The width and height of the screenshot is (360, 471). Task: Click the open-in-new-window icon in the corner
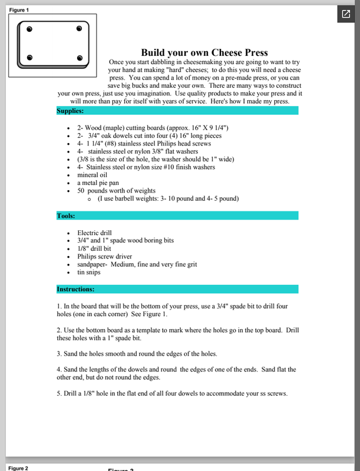pyautogui.click(x=345, y=14)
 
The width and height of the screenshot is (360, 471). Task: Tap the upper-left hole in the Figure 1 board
pyautogui.click(x=29, y=28)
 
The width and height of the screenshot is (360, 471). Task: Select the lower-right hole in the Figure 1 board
pyautogui.click(x=80, y=58)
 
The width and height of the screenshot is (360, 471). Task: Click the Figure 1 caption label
pyautogui.click(x=18, y=10)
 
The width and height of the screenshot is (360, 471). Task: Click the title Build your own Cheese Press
pyautogui.click(x=204, y=52)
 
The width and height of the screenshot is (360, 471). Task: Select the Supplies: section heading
pyautogui.click(x=70, y=110)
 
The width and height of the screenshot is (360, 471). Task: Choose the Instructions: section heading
pyautogui.click(x=75, y=289)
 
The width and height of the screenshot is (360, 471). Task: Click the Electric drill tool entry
pyautogui.click(x=94, y=233)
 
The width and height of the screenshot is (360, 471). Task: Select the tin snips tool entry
pyautogui.click(x=89, y=273)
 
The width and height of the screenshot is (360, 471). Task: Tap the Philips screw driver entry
pyautogui.click(x=104, y=257)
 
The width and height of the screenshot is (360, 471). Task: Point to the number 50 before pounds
pyautogui.click(x=81, y=191)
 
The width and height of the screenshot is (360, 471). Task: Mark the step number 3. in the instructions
pyautogui.click(x=60, y=354)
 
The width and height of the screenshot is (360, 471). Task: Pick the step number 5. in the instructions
pyautogui.click(x=60, y=394)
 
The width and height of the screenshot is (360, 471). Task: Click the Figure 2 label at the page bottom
pyautogui.click(x=18, y=468)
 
